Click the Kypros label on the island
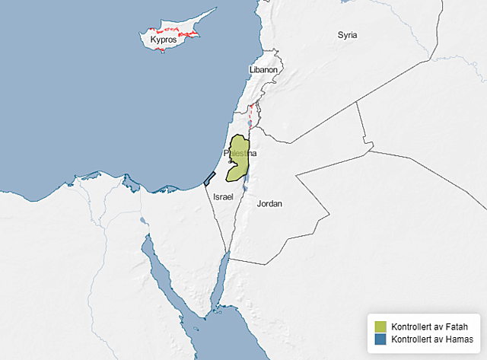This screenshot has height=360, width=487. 164,39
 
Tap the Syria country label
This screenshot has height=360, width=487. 347,35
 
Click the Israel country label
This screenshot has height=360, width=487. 223,196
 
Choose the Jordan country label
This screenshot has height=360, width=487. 269,203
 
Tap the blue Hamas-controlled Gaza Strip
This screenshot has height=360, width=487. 209,178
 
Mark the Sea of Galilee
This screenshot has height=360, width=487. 251,123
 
